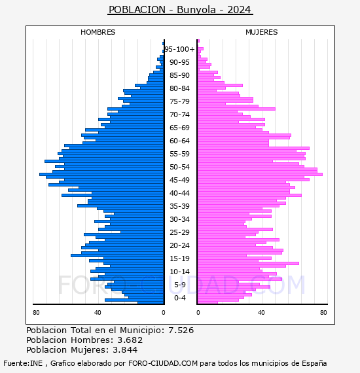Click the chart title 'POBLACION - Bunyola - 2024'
[180, 10]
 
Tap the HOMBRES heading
[98, 32]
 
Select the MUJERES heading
[262, 32]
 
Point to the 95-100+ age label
[180, 49]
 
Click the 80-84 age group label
[179, 88]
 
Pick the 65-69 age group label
[179, 128]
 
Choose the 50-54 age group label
[179, 167]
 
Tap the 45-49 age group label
[179, 180]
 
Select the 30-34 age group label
[179, 219]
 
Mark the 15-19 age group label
[179, 258]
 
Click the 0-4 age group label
[180, 298]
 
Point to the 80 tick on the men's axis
[36, 313]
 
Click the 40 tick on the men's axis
[98, 313]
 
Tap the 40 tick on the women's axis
[261, 313]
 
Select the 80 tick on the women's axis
[323, 313]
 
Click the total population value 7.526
[181, 330]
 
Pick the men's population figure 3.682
[130, 340]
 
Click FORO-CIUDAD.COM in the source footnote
[163, 363]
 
